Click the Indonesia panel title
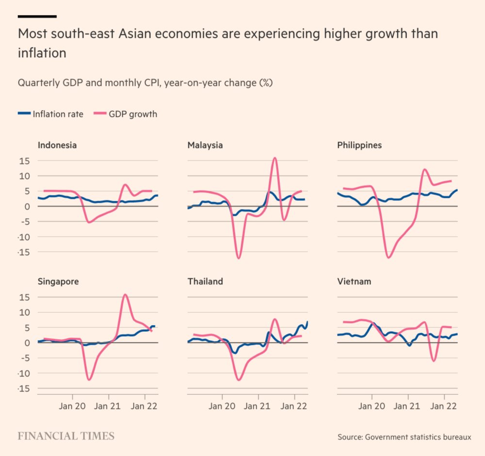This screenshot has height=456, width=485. [57, 145]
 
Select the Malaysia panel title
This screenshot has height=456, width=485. [205, 145]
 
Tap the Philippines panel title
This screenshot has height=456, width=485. [359, 145]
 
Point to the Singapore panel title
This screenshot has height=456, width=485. [58, 281]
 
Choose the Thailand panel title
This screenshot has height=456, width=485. [205, 281]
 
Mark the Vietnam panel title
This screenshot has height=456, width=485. [354, 281]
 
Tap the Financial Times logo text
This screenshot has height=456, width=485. [66, 436]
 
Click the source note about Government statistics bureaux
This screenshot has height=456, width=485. [404, 437]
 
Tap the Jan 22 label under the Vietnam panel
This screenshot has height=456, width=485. [444, 407]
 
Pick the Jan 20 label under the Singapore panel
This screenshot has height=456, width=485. [72, 407]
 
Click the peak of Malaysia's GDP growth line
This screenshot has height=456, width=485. [275, 158]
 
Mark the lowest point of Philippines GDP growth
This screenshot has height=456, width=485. [388, 258]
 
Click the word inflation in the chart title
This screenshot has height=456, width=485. [42, 53]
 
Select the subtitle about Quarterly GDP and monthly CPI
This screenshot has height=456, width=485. [145, 83]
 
